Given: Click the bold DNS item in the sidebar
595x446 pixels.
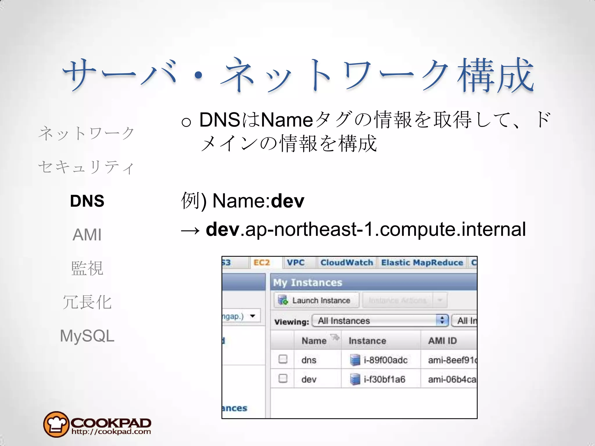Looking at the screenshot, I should (x=87, y=201).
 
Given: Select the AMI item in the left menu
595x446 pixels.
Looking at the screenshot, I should (x=87, y=235).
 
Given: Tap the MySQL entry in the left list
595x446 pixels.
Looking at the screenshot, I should (x=87, y=336).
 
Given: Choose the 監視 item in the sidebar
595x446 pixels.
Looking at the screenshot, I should (x=87, y=268).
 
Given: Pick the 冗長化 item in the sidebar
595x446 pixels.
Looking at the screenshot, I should (x=87, y=302).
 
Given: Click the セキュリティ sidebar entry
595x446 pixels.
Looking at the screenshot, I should (x=86, y=167).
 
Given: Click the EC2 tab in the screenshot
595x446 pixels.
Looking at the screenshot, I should (x=261, y=263).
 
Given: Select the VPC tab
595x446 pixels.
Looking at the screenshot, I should (x=295, y=263).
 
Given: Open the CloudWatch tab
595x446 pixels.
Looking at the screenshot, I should (x=347, y=263).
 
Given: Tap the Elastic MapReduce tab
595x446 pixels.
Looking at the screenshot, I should (x=422, y=263).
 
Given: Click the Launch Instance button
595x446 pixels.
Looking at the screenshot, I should (x=316, y=300).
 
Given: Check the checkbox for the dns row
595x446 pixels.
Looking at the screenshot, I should (x=283, y=359).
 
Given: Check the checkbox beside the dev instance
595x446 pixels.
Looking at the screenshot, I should (x=283, y=378).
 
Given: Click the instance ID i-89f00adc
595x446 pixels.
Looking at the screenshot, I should (x=386, y=360).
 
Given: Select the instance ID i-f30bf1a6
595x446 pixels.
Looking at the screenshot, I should (x=384, y=379).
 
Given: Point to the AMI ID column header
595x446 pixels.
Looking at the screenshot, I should (x=442, y=341).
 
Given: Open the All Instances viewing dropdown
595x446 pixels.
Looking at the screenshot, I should (x=380, y=321).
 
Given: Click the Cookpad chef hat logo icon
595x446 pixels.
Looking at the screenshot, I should (x=56, y=424).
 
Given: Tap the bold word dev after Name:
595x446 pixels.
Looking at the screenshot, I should (x=288, y=201).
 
